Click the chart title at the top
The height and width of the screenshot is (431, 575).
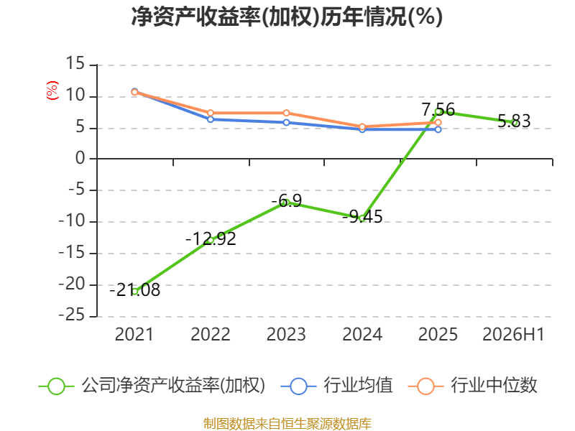pyautogui.click(x=287, y=17)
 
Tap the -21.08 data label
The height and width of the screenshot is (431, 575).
pyautogui.click(x=135, y=290)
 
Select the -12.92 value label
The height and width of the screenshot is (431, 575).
pyautogui.click(x=211, y=239)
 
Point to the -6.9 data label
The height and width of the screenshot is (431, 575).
pyautogui.click(x=286, y=200)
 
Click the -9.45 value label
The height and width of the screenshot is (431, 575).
pyautogui.click(x=362, y=217)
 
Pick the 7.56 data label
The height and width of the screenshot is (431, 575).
pyautogui.click(x=438, y=109)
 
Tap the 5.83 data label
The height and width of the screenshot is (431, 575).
pyautogui.click(x=514, y=121)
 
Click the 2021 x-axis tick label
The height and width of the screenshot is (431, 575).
pyautogui.click(x=134, y=334)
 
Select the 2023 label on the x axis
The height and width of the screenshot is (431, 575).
pyautogui.click(x=286, y=334)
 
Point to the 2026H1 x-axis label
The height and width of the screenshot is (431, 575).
pyautogui.click(x=513, y=334)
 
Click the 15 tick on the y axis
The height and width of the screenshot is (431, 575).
pyautogui.click(x=75, y=64)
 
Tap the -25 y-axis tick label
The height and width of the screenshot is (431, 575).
pyautogui.click(x=72, y=315)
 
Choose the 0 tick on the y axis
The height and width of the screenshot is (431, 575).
pyautogui.click(x=80, y=158)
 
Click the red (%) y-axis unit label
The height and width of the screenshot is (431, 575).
pyautogui.click(x=52, y=91)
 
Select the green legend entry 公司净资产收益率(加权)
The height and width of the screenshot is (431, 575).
pyautogui.click(x=152, y=386)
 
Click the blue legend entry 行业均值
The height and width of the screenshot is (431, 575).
pyautogui.click(x=336, y=386)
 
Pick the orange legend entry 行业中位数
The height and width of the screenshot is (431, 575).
pyautogui.click(x=473, y=386)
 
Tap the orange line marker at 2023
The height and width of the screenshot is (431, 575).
pyautogui.click(x=286, y=113)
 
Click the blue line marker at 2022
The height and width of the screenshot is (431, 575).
pyautogui.click(x=211, y=119)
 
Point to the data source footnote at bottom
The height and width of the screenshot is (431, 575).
pyautogui.click(x=287, y=424)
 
